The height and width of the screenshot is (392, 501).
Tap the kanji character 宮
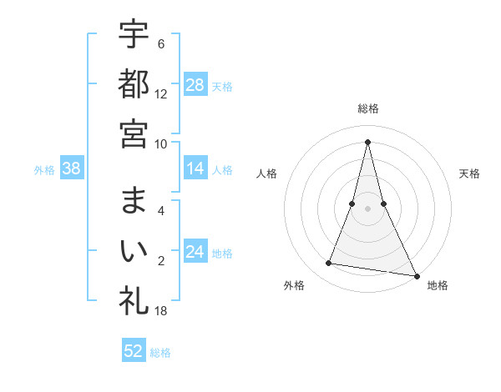tap(134, 133)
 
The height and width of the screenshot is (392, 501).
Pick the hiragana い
tap(134, 250)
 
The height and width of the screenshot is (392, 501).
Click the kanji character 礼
tap(134, 300)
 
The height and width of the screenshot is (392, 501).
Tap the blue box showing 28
tap(195, 85)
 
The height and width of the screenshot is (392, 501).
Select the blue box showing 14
tap(195, 168)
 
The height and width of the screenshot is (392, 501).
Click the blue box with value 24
tap(195, 252)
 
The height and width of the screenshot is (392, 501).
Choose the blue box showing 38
tap(72, 168)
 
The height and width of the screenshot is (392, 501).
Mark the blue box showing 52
tap(134, 351)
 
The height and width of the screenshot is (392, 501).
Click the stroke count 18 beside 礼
tap(161, 311)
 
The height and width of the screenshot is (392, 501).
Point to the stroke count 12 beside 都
tap(161, 94)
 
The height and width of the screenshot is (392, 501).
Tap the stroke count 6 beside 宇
tap(161, 44)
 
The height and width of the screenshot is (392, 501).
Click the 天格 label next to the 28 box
tap(222, 87)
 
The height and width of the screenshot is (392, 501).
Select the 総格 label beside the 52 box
tap(160, 353)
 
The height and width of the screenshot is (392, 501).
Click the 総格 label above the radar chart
tap(367, 108)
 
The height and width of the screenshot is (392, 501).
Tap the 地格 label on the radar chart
tap(438, 286)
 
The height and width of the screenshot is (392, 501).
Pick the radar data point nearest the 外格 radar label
tap(329, 264)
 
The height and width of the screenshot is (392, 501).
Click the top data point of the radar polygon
tap(367, 141)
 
